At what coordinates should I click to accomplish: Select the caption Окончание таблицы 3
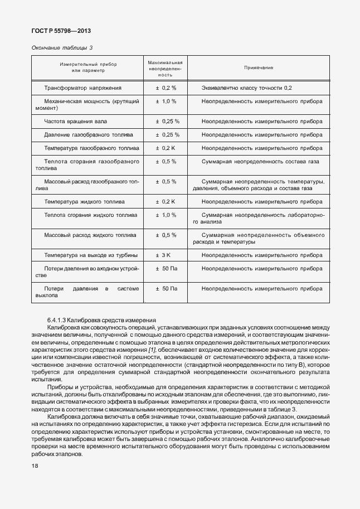click(x=62, y=47)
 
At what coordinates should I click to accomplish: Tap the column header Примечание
click(x=259, y=67)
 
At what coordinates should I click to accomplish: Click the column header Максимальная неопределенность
click(x=165, y=67)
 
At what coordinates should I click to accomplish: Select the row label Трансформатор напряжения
click(x=82, y=88)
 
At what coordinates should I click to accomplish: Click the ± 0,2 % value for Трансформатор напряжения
click(x=166, y=88)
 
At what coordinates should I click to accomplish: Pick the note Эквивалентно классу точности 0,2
click(x=246, y=88)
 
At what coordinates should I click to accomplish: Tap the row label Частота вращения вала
click(x=75, y=121)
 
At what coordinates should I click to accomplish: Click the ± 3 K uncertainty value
click(x=166, y=255)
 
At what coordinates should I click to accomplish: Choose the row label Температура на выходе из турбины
click(x=91, y=255)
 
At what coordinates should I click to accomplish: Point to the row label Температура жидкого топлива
click(x=84, y=201)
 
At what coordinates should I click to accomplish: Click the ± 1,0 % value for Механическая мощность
click(x=166, y=101)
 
